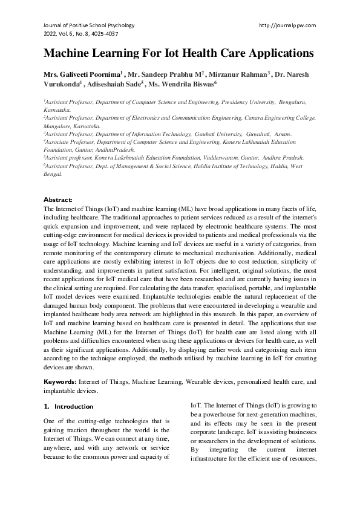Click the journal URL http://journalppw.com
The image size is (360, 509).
pyautogui.click(x=287, y=25)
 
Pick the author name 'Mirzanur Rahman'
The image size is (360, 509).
pyautogui.click(x=239, y=74)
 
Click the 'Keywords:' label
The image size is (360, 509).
pyautogui.click(x=60, y=382)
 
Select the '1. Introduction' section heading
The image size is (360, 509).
pyautogui.click(x=68, y=406)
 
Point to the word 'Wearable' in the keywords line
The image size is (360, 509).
pyautogui.click(x=202, y=382)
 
